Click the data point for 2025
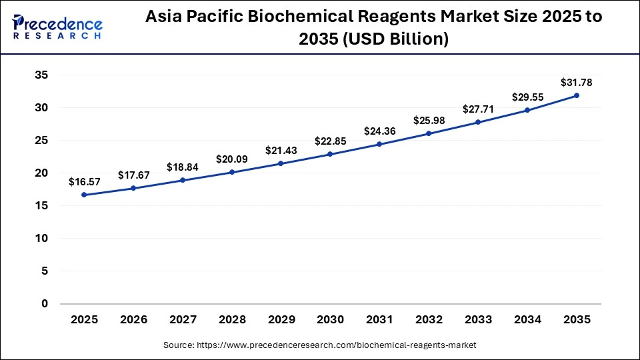(84, 195)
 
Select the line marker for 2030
(330, 154)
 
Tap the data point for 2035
(577, 95)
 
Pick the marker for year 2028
(231, 172)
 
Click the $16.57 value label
(84, 181)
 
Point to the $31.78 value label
(576, 83)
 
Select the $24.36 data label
(379, 131)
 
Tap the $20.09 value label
(231, 159)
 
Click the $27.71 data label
(478, 109)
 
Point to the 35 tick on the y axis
(41, 75)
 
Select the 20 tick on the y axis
(41, 173)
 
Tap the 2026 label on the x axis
(133, 320)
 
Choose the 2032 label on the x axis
(429, 320)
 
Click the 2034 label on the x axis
(527, 320)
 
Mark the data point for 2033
(478, 122)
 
